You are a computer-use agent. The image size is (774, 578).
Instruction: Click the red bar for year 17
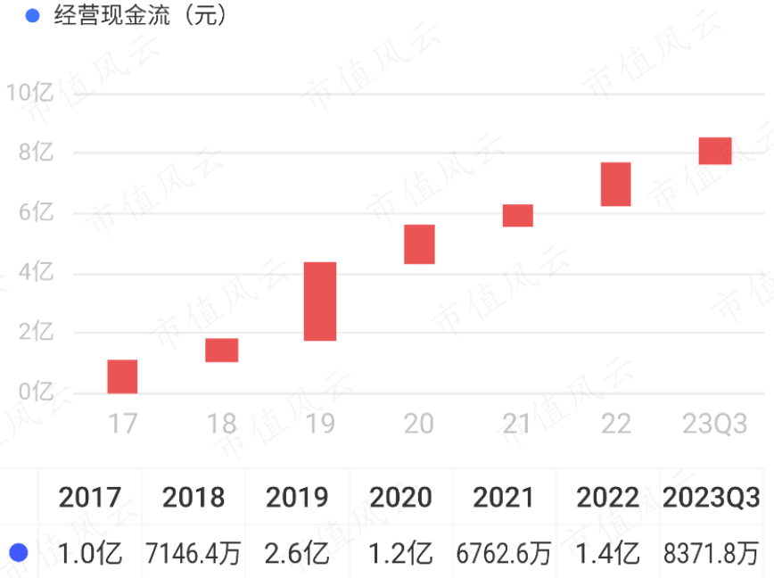122,376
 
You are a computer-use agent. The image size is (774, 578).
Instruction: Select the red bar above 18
221,350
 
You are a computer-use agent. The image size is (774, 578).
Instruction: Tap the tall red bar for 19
320,301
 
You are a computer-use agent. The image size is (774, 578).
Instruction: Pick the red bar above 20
419,244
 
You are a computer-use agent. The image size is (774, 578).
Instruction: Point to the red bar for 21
517,215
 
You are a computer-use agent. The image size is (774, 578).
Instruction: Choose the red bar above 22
615,184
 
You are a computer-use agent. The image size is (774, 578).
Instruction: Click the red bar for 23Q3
714,151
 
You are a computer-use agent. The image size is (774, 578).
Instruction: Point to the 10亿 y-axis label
30,92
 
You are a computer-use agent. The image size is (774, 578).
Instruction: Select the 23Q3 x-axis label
714,424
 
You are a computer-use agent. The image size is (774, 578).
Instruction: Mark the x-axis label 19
320,424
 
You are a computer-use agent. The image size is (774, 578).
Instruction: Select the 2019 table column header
296,497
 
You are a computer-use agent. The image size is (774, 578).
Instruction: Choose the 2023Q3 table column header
711,497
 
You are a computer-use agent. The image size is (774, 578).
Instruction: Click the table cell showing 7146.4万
193,554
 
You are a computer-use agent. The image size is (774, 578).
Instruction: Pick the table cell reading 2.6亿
296,554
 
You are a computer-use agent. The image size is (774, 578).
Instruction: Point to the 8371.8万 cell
711,554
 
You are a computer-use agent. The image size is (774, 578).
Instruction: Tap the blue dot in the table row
19,554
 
